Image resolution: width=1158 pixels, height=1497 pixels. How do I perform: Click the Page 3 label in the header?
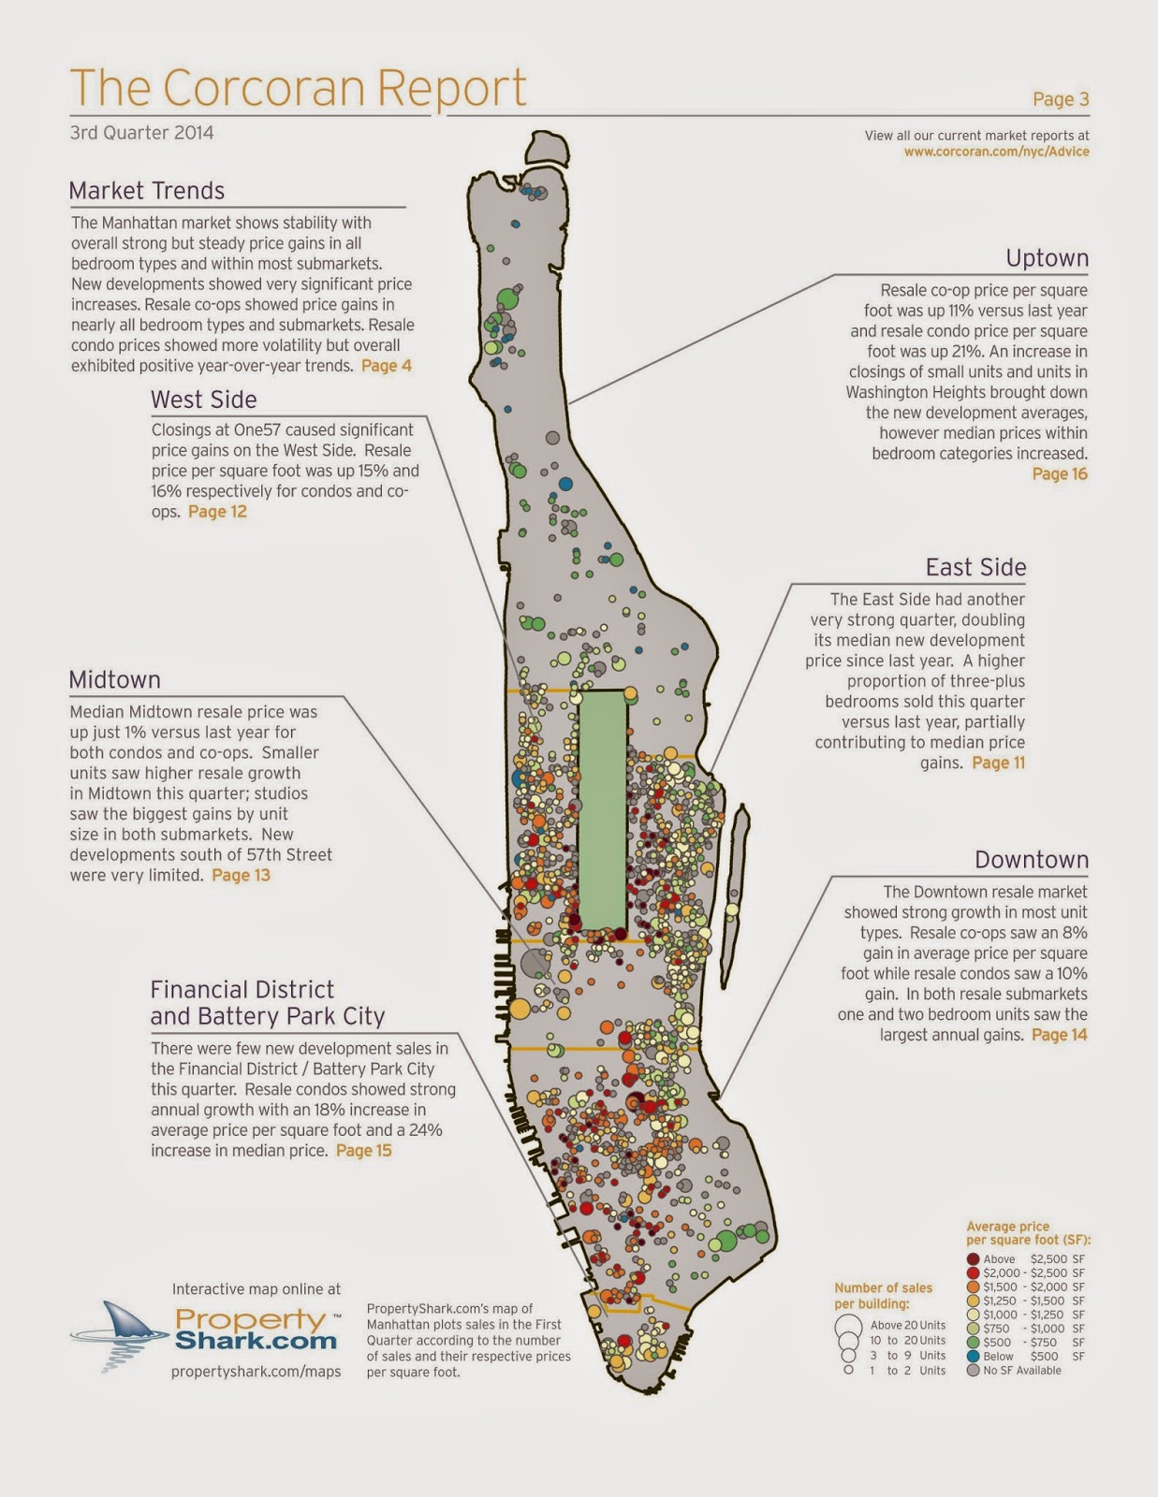1061,99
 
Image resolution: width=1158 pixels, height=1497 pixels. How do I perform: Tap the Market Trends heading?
147,191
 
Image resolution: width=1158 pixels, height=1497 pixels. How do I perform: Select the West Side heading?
203,400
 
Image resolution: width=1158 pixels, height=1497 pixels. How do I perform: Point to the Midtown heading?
114,679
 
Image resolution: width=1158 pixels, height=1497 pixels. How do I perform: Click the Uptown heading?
1047,258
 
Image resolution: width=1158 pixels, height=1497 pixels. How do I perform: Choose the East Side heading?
975,567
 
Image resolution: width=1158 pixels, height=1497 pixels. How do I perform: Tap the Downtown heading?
1032,860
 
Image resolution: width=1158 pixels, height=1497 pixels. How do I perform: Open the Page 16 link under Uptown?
1060,473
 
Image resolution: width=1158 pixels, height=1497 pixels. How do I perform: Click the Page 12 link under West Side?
217,512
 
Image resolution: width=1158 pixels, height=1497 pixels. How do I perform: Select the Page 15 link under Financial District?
363,1150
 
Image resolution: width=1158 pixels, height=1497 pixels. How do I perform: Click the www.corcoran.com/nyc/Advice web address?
996,152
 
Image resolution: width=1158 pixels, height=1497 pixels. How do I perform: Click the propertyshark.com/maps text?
256,1372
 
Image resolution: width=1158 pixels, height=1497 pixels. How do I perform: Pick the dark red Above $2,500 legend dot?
974,1259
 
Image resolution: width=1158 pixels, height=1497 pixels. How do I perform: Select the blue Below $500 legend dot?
974,1357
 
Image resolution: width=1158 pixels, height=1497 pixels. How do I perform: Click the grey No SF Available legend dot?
974,1371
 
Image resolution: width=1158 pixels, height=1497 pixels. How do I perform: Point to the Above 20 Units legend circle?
848,1326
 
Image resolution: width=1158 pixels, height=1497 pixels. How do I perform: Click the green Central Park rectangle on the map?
602,810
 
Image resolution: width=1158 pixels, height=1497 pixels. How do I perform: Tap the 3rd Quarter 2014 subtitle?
141,133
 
